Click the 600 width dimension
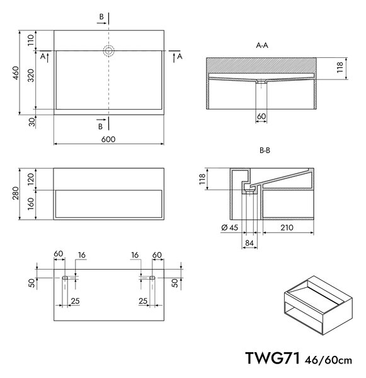click(108, 139)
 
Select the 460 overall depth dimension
click(16, 73)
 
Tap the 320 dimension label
click(31, 76)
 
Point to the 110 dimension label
click(31, 40)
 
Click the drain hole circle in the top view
click(108, 51)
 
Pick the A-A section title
click(262, 45)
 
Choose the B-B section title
click(265, 151)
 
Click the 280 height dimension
click(16, 193)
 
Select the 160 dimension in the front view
click(31, 204)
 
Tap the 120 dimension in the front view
click(31, 179)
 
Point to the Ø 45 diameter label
click(229, 227)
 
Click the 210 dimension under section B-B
click(287, 227)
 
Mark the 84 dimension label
click(249, 243)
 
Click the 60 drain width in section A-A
click(261, 116)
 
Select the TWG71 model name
click(273, 358)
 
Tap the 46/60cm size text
click(328, 360)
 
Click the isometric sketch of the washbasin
click(318, 305)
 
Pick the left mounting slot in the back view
click(65, 278)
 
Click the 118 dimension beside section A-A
click(340, 67)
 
